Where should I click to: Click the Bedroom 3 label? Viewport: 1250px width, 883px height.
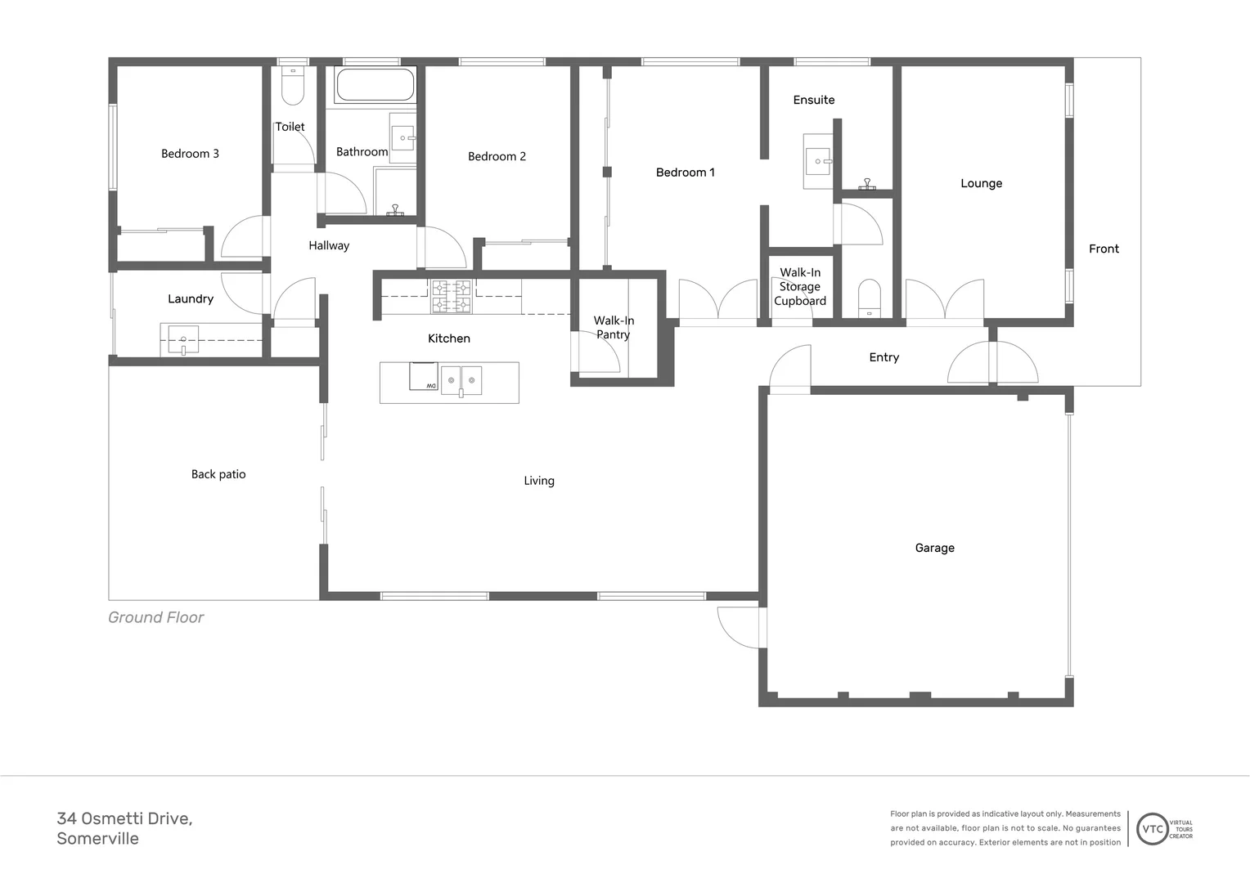(190, 154)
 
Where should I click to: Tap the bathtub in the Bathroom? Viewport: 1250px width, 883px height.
(375, 85)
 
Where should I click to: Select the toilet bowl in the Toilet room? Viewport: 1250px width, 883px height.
(292, 87)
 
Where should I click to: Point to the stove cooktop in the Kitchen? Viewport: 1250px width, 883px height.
(452, 296)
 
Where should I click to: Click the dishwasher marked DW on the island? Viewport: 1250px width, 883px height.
(424, 377)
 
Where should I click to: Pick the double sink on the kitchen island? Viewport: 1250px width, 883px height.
(461, 381)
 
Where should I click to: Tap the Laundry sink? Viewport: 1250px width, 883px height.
(183, 338)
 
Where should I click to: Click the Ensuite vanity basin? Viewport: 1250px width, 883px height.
(818, 161)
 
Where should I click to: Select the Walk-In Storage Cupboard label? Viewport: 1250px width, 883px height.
(800, 286)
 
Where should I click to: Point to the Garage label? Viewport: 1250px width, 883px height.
(934, 548)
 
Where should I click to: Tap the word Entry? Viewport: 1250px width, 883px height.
(884, 357)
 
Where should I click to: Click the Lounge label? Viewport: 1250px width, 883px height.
(981, 183)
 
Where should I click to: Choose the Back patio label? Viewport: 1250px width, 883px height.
(218, 474)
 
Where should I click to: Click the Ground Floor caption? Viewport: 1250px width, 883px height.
(156, 617)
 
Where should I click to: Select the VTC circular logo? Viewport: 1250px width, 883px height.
(1152, 828)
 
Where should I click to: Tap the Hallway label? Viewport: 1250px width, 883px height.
(329, 245)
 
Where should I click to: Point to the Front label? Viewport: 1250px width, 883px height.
(1104, 249)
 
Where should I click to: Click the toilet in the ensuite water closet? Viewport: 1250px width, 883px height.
(869, 298)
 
